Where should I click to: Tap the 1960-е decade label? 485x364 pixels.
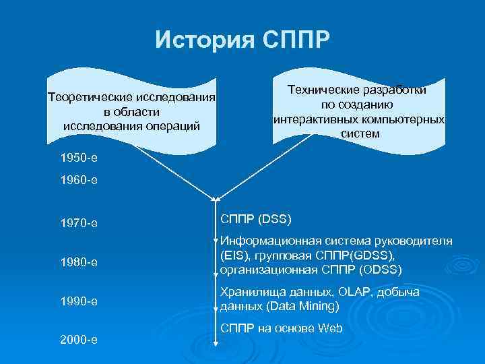point(79,180)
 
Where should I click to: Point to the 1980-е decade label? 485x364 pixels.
point(79,262)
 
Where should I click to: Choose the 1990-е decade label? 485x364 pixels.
point(79,301)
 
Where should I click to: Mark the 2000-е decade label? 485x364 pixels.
point(79,340)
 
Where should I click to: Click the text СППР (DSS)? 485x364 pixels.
point(255,219)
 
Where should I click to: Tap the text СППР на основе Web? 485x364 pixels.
point(282,328)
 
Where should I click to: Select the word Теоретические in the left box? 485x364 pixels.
point(88,98)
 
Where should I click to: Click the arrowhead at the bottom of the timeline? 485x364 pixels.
point(216,344)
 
